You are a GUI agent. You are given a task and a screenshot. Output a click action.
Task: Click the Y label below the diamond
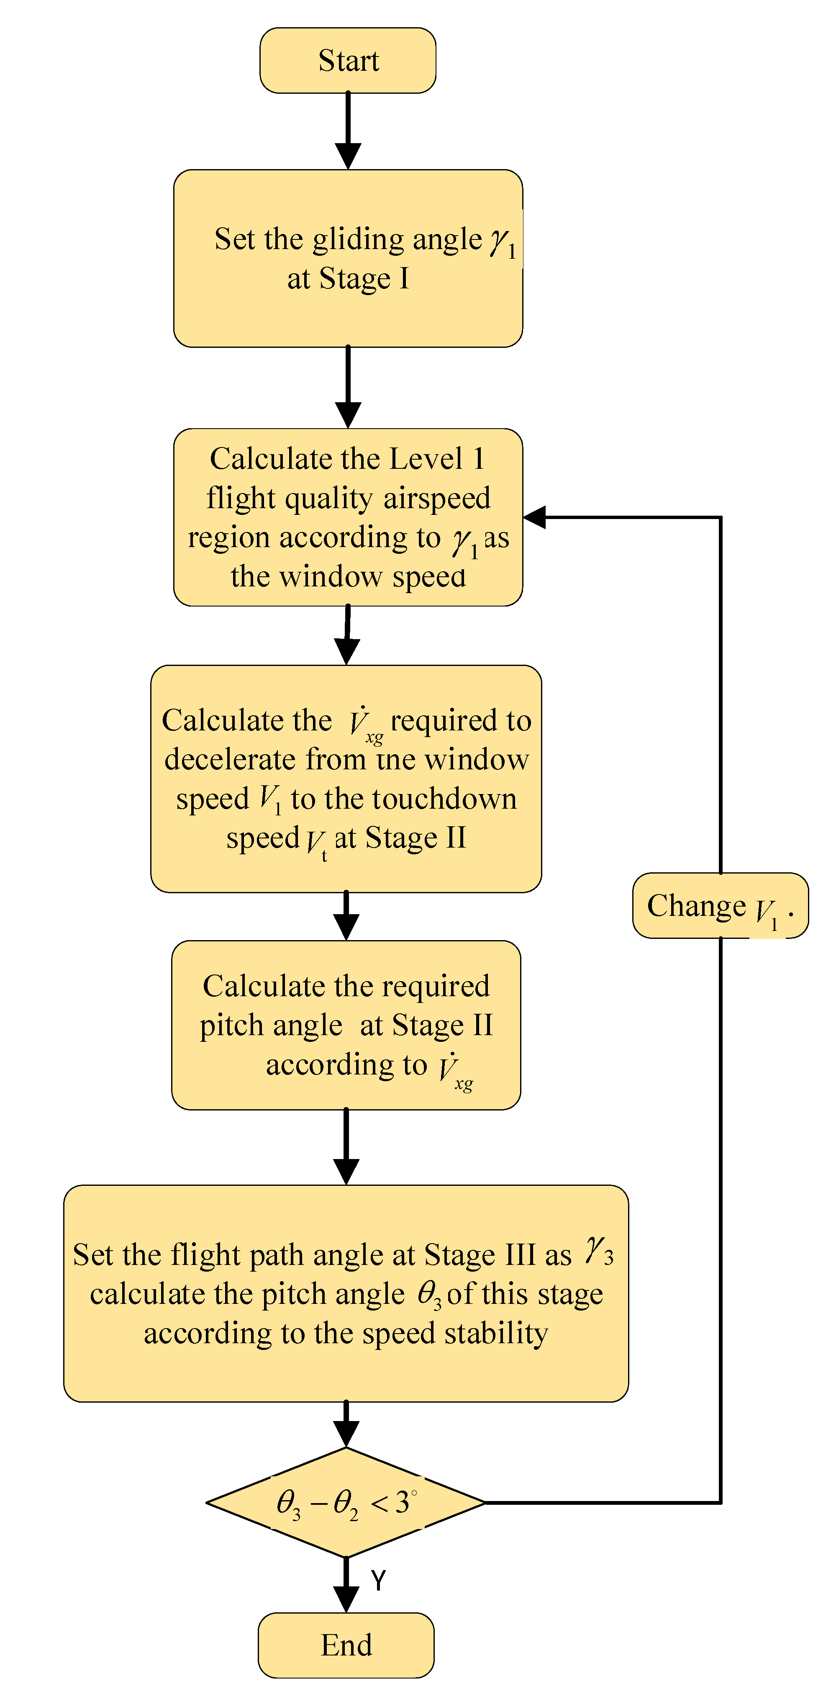[378, 1580]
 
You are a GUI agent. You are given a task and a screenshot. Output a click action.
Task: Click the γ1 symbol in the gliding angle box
[503, 243]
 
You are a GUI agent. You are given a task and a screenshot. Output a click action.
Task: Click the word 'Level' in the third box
[426, 458]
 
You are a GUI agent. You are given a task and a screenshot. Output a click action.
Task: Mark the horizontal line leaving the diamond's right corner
[600, 1502]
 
